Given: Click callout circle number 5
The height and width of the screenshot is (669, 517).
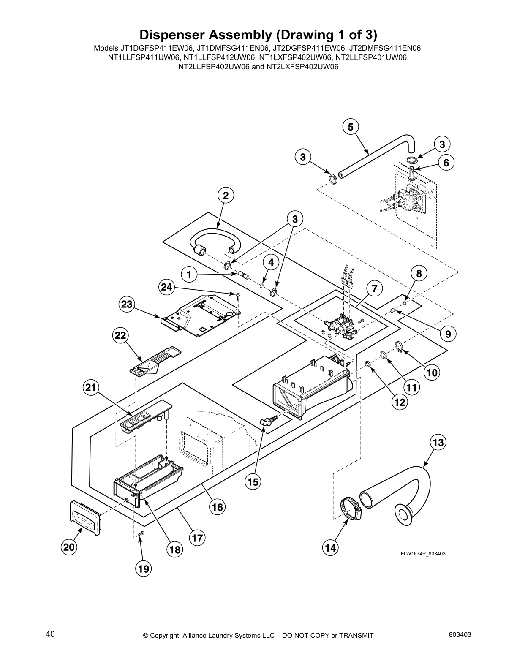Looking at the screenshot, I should point(351,127).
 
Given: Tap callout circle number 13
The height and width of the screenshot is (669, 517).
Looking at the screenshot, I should point(438,443).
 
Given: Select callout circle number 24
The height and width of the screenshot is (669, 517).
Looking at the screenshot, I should point(167,287).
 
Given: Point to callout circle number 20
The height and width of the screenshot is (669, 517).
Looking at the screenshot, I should point(69,547).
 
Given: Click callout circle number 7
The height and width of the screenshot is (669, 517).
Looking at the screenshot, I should point(374,289).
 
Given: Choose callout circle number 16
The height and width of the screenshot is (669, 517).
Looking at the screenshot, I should point(217,506).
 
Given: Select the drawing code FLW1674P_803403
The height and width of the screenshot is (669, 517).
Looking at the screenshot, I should point(423,554).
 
